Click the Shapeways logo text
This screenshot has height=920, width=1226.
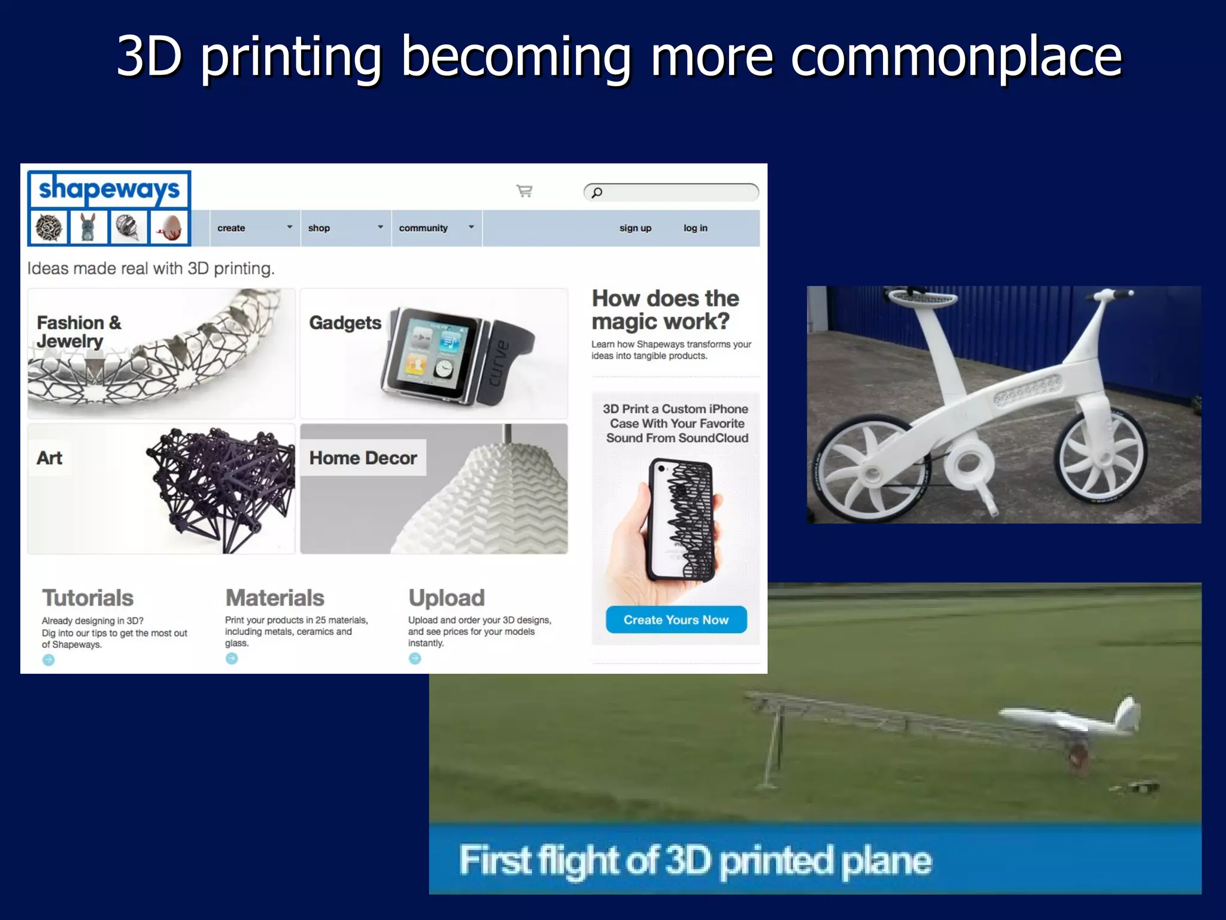pos(109,190)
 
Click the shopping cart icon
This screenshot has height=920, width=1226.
pos(524,191)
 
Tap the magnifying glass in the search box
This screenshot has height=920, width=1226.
pos(597,192)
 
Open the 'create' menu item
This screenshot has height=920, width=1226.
pos(232,228)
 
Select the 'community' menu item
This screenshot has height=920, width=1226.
pos(423,228)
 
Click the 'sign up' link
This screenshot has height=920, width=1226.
pos(635,228)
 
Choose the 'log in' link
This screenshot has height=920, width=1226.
pos(695,228)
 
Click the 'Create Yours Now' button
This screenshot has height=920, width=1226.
pos(676,620)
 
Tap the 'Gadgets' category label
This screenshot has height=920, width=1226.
pos(345,323)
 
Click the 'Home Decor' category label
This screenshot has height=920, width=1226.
pos(363,458)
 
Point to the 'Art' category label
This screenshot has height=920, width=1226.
pos(50,458)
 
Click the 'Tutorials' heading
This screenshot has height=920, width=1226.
pos(87,598)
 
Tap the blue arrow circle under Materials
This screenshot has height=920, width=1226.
pos(232,658)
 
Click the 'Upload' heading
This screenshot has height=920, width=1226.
pos(447,598)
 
